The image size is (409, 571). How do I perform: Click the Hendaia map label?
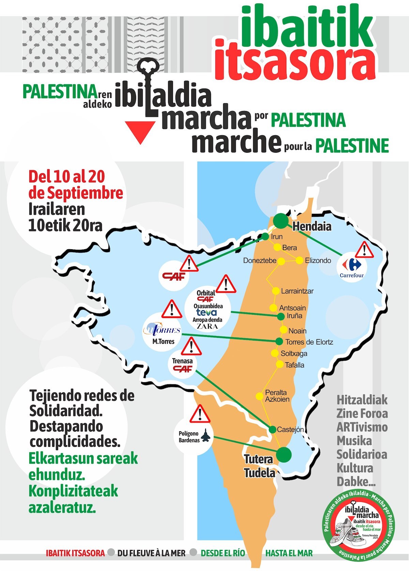[x=312, y=226]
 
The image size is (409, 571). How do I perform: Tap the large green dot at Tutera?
[x=284, y=454]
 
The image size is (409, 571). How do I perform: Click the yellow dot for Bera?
[x=277, y=247]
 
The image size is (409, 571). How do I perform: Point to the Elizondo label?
[x=318, y=260]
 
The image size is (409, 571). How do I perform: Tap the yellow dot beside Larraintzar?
[x=276, y=291]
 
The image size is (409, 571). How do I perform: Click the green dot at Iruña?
[x=281, y=316]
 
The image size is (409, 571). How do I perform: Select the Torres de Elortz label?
[x=309, y=342]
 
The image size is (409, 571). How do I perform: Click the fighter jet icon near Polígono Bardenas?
[x=206, y=436]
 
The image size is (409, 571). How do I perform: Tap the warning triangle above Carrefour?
[x=364, y=250]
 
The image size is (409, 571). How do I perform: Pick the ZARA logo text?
[x=207, y=326]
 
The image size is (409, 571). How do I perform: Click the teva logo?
[x=206, y=312]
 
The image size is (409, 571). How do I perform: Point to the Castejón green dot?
[x=272, y=430]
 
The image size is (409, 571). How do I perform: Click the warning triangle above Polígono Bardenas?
[x=200, y=414]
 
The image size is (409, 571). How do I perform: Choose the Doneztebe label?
[x=260, y=261]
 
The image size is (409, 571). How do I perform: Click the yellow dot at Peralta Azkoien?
[x=259, y=396]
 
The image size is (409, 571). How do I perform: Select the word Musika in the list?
[x=354, y=441]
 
